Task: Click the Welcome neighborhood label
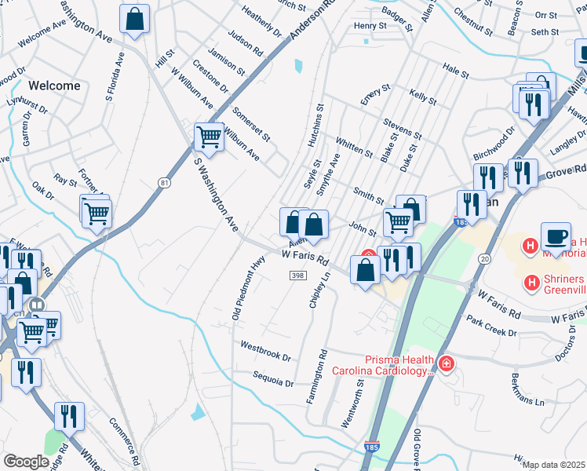(54, 86)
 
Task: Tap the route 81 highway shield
(163, 183)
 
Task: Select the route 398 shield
(297, 276)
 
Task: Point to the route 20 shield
(484, 258)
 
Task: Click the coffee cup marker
(556, 237)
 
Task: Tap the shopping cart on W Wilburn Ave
(209, 137)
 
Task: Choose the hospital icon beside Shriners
(531, 281)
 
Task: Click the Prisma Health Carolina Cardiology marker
(446, 363)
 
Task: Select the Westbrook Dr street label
(265, 350)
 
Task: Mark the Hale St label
(455, 73)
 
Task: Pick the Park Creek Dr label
(490, 327)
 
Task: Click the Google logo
(26, 462)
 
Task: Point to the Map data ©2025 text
(553, 465)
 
